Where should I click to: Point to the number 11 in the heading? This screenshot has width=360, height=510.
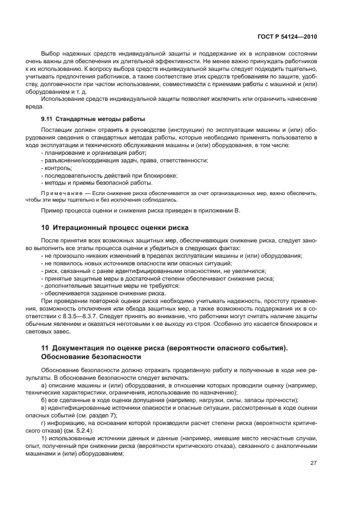[x=46, y=348]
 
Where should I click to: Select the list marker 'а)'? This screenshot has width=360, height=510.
[x=44, y=384]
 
